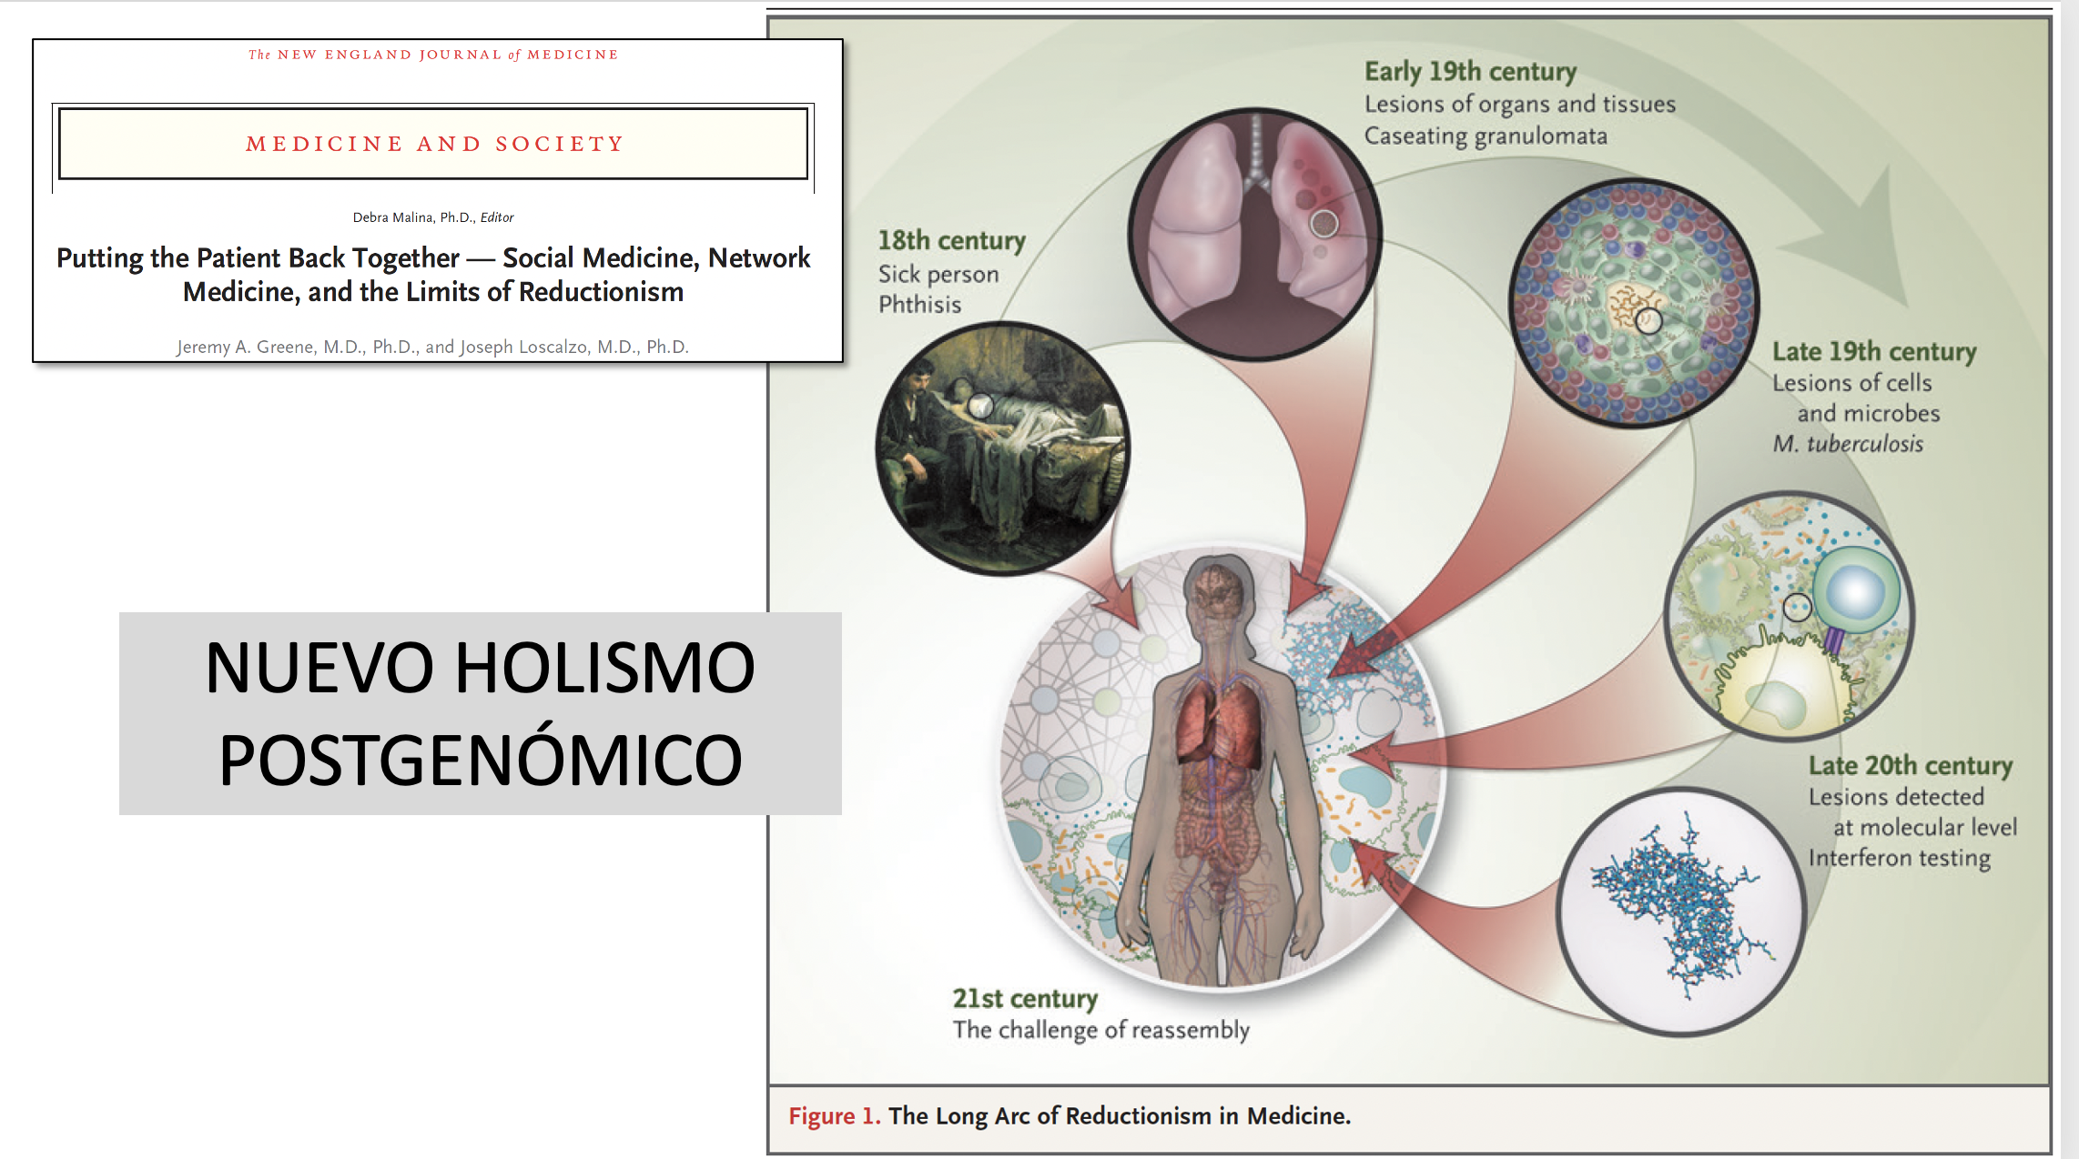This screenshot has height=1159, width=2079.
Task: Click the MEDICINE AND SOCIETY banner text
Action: point(434,144)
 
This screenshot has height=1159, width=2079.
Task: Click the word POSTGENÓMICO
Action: point(481,760)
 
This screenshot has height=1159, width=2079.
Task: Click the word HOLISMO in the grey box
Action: point(604,668)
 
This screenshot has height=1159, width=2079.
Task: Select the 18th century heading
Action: point(951,240)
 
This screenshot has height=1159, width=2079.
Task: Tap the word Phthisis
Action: point(919,304)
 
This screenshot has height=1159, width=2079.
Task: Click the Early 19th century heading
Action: point(1470,71)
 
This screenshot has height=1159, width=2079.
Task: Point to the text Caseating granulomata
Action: point(1486,136)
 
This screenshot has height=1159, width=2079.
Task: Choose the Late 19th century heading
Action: point(1874,351)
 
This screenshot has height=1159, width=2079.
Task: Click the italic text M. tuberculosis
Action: point(1848,443)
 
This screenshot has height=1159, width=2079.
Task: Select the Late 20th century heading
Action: point(1910,765)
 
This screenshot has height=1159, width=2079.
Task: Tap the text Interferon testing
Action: point(1899,858)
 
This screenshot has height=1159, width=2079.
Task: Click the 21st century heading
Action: point(1025,998)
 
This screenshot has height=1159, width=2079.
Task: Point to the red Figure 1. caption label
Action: point(834,1116)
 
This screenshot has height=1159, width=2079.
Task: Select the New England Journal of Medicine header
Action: point(433,55)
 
